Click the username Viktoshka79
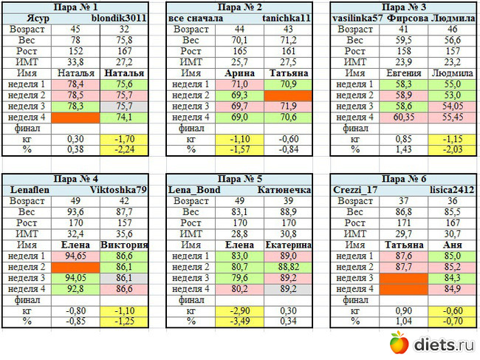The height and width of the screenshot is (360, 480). [122, 189]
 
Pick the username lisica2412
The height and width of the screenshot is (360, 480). [450, 189]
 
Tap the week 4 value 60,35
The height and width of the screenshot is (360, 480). [403, 117]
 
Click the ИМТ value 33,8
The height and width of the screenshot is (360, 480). [75, 62]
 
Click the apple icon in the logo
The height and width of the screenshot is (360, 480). [400, 342]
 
